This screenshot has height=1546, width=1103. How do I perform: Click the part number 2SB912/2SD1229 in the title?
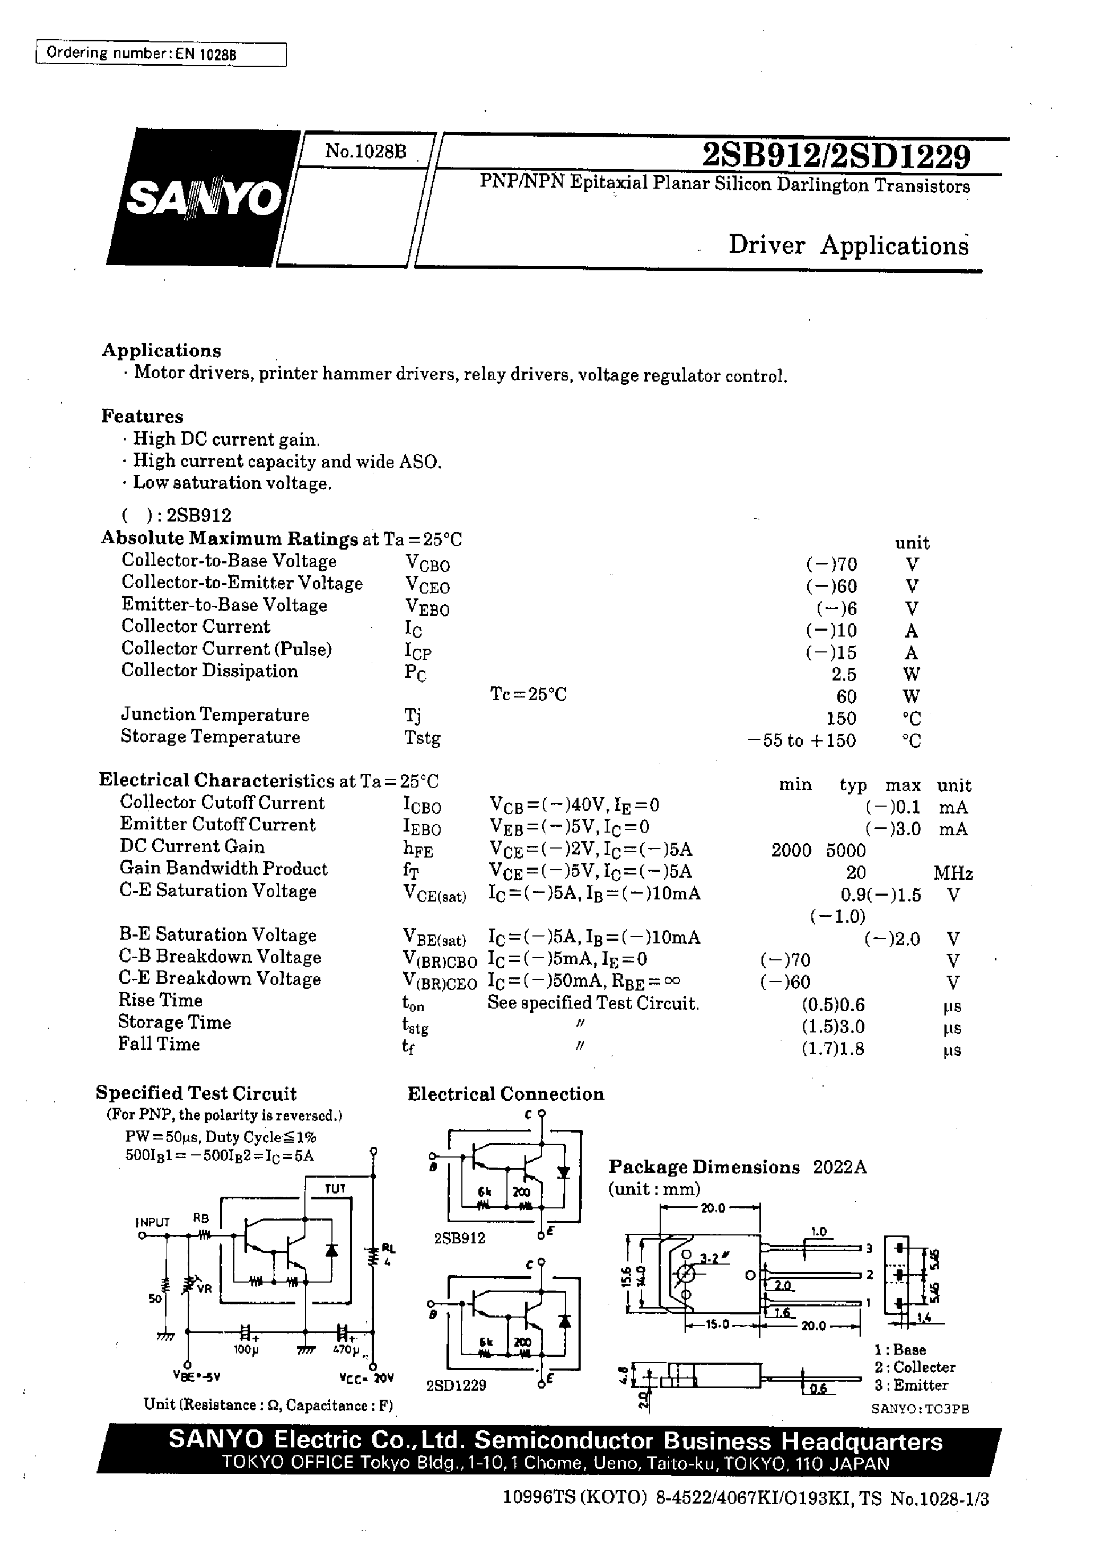[x=835, y=156]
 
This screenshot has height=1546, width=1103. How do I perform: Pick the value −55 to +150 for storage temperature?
[x=801, y=740]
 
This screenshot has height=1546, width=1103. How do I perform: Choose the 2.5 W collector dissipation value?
[x=844, y=675]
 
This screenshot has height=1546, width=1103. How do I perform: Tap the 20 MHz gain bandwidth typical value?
[x=856, y=872]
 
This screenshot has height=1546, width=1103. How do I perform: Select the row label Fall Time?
[x=159, y=1044]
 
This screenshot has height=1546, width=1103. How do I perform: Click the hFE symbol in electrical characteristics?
[x=418, y=850]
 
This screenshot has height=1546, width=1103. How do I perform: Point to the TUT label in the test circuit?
[x=335, y=1188]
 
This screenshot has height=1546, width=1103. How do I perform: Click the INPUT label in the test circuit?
[x=153, y=1222]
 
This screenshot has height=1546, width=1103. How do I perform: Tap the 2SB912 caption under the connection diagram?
[x=460, y=1238]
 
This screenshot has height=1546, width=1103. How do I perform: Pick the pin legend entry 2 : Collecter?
[x=915, y=1367]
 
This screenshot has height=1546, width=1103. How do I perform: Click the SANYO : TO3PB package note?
[x=920, y=1408]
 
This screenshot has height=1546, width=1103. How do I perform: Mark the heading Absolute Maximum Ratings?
[x=230, y=538]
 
